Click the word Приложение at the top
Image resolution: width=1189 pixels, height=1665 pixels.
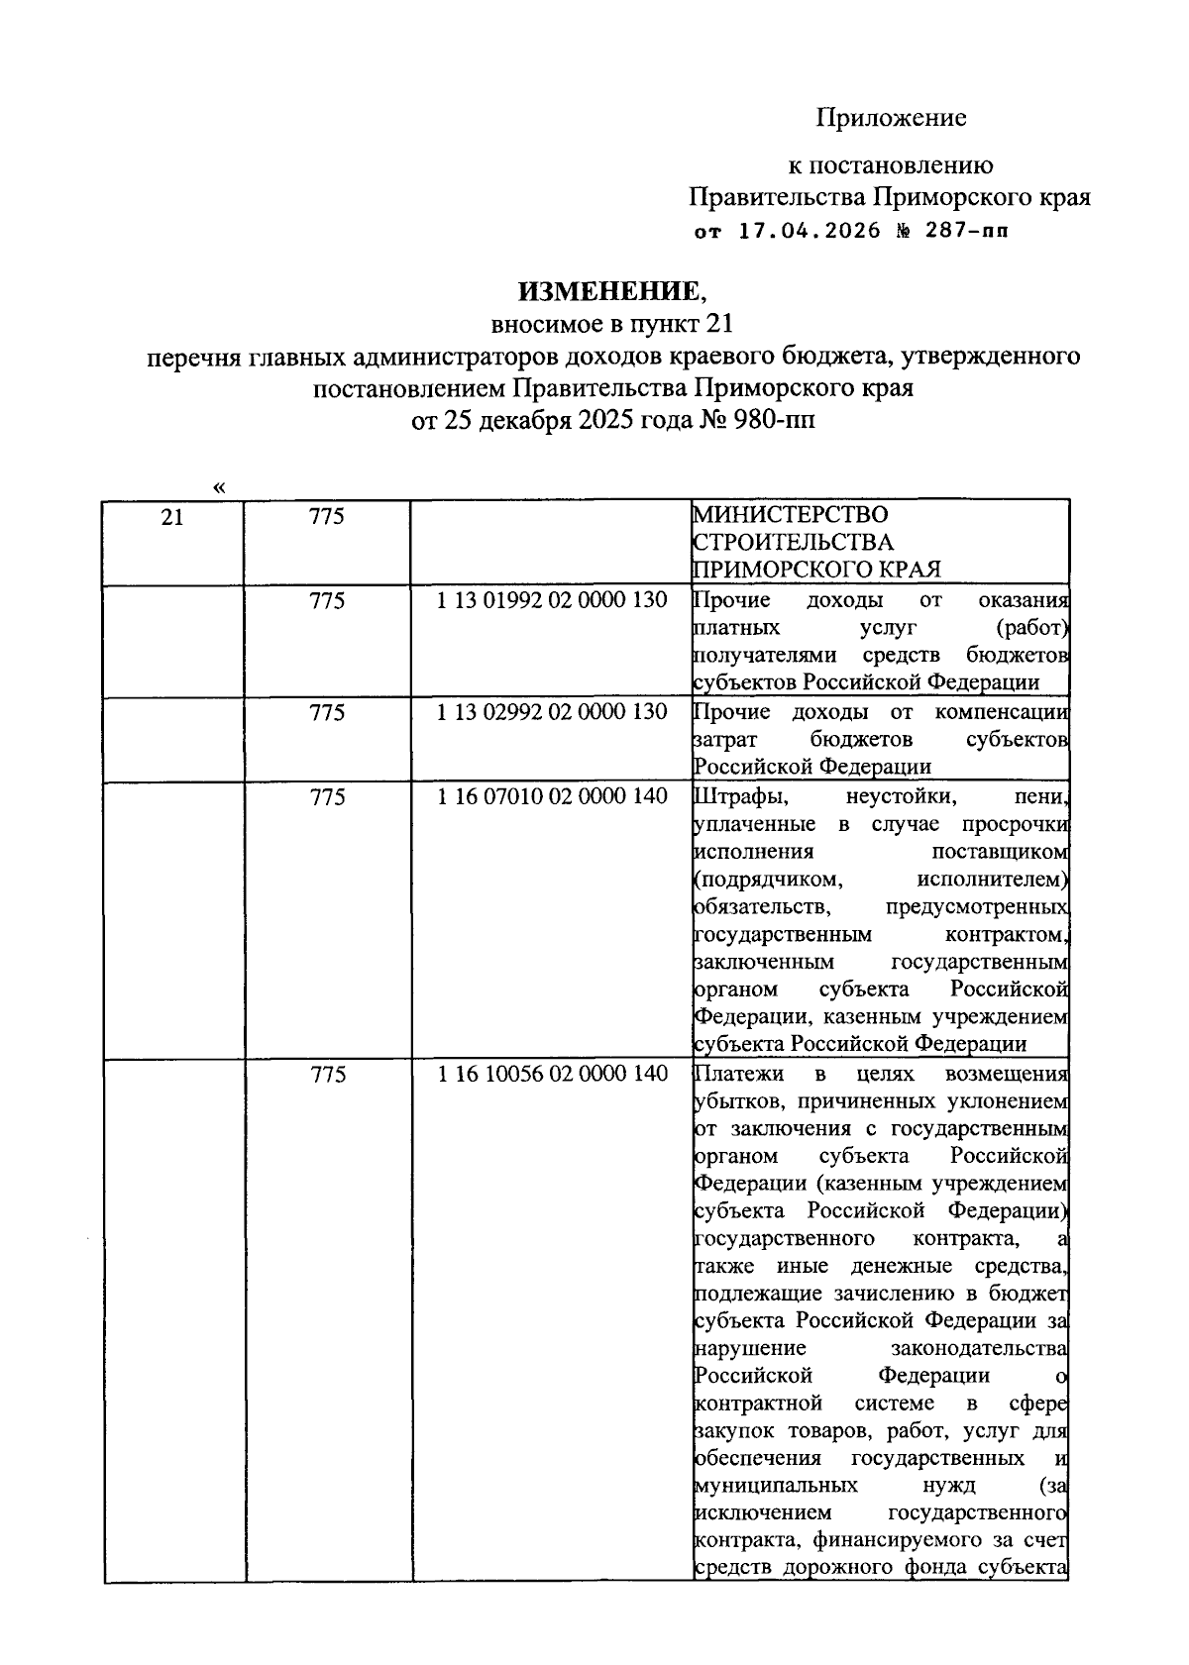click(891, 119)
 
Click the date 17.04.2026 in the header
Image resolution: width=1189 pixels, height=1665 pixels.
click(810, 232)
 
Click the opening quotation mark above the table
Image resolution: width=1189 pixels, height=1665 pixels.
click(218, 487)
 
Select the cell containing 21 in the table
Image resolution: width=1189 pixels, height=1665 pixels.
click(172, 517)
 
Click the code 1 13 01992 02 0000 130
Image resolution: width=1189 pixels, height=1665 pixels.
click(553, 601)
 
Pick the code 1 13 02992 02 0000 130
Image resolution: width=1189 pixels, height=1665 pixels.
click(553, 713)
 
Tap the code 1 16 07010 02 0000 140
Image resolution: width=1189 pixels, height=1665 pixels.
click(553, 797)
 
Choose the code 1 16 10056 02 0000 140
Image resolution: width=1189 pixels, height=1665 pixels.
click(553, 1075)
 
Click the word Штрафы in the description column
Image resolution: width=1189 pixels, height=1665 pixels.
click(734, 797)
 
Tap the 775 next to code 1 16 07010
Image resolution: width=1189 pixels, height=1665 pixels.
click(327, 797)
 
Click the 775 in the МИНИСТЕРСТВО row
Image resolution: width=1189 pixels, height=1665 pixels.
click(327, 517)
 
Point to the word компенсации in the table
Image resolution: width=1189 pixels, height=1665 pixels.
click(1001, 713)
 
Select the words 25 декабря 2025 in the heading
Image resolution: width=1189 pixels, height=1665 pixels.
click(555, 420)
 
